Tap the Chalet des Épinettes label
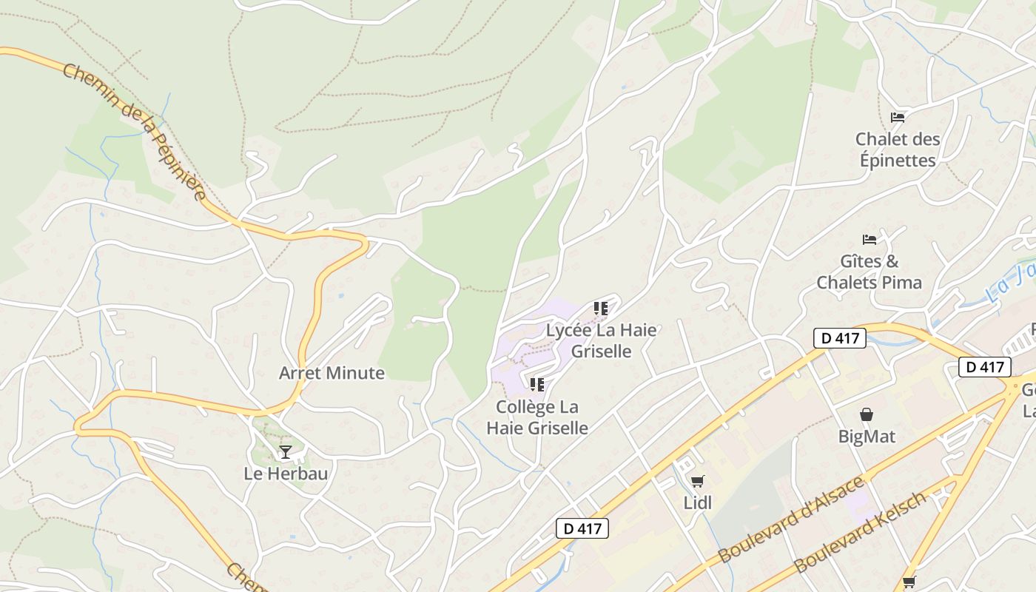click(898, 149)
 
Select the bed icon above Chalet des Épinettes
click(898, 117)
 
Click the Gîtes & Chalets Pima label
click(869, 272)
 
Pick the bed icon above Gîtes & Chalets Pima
click(869, 239)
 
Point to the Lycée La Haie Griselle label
click(601, 340)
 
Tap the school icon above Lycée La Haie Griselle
click(601, 308)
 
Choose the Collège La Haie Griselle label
click(537, 417)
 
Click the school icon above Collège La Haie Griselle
click(537, 384)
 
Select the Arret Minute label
click(332, 373)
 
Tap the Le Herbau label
click(286, 474)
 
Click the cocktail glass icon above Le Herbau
click(286, 451)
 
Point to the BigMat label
click(867, 437)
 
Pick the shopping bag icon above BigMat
click(867, 414)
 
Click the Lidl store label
click(697, 503)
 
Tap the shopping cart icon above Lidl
click(697, 482)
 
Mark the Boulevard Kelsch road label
click(860, 532)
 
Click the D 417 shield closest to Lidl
click(582, 528)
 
